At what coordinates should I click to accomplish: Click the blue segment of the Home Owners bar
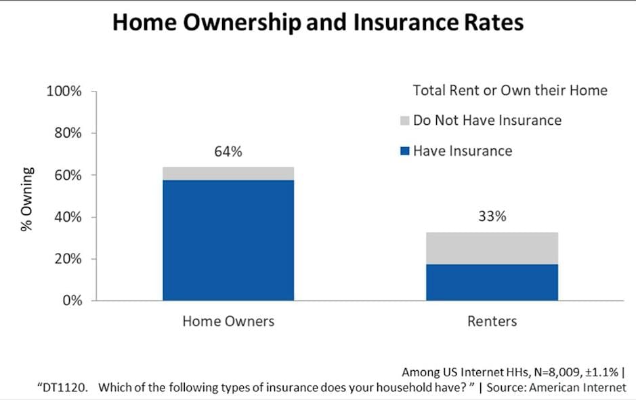point(228,240)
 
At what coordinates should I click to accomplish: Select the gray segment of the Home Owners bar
point(228,173)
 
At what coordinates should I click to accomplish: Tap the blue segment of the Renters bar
point(492,282)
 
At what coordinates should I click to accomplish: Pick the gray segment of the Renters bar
point(492,248)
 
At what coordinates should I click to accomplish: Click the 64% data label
point(228,152)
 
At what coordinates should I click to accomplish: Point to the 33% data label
point(492,218)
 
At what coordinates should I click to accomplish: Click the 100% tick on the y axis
point(64,92)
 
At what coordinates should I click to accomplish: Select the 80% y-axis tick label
point(67,134)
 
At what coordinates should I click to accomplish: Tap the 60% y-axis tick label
point(67,176)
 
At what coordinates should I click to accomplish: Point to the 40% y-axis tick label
point(67,218)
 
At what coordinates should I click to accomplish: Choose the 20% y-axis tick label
point(67,259)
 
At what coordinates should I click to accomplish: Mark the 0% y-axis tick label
point(70,301)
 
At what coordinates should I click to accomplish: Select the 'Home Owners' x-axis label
point(228,321)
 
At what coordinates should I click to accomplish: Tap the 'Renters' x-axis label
point(492,321)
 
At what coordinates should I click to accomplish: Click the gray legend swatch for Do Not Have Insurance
point(404,121)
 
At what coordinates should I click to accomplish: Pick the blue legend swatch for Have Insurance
point(404,151)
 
